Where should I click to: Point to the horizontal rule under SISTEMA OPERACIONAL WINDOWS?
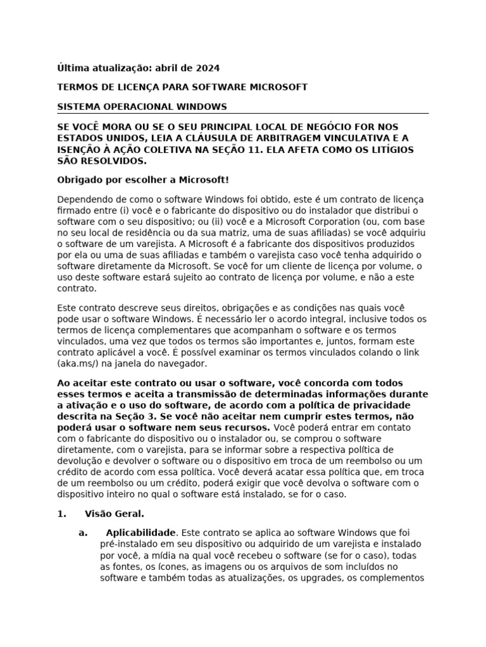pos(242,114)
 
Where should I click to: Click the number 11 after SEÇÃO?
pos(268,149)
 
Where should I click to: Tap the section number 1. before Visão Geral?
pos(61,514)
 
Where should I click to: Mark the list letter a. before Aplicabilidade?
pos(83,533)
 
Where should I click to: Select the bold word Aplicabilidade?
pos(140,533)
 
